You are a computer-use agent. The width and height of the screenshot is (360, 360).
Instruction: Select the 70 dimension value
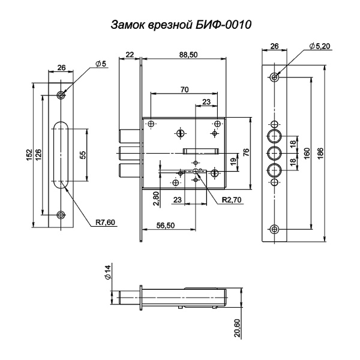click(x=184, y=89)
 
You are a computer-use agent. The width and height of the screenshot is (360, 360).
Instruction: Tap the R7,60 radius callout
click(x=105, y=222)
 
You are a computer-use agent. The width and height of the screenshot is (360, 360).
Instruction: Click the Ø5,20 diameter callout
click(x=320, y=46)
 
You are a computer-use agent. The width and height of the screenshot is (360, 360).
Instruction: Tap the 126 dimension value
click(x=39, y=155)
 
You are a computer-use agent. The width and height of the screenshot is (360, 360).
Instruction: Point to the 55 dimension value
click(x=83, y=154)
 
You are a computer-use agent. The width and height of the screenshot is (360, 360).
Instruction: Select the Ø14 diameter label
click(x=108, y=274)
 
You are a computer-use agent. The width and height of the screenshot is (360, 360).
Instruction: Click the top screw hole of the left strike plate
click(x=61, y=95)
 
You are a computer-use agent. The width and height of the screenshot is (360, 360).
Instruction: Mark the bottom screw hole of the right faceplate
click(x=275, y=229)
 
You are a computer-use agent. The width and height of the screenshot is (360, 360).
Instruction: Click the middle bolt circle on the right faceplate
click(x=275, y=152)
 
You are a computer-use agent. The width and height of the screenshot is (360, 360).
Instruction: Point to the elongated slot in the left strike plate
click(x=61, y=155)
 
